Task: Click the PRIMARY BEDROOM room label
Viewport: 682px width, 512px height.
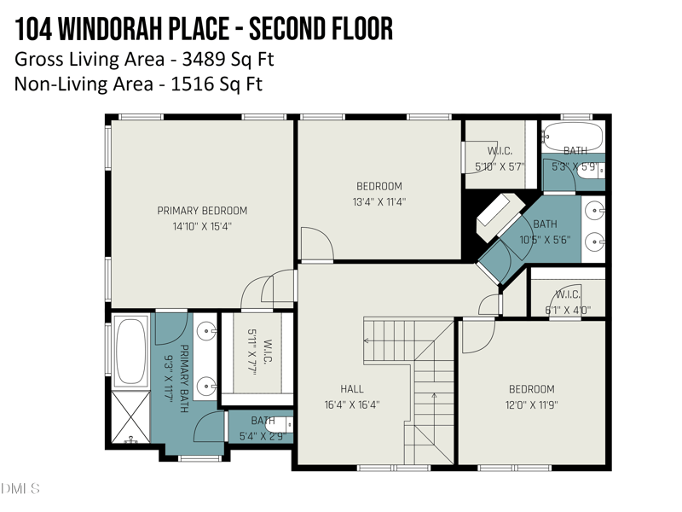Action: coord(202,211)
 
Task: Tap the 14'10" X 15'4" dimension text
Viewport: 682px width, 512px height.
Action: coord(202,227)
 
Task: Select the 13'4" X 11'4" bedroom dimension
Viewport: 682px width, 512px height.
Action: coord(379,202)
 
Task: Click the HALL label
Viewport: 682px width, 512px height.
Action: coord(352,389)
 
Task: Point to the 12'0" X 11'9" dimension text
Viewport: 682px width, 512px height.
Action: coord(531,405)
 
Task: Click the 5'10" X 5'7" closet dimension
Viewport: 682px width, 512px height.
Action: coord(500,167)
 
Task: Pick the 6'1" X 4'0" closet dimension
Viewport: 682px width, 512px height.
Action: coord(568,310)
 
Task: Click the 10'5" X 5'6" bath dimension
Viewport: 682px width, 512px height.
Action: coord(545,240)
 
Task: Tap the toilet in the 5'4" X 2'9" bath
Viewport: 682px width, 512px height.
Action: coord(278,424)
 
